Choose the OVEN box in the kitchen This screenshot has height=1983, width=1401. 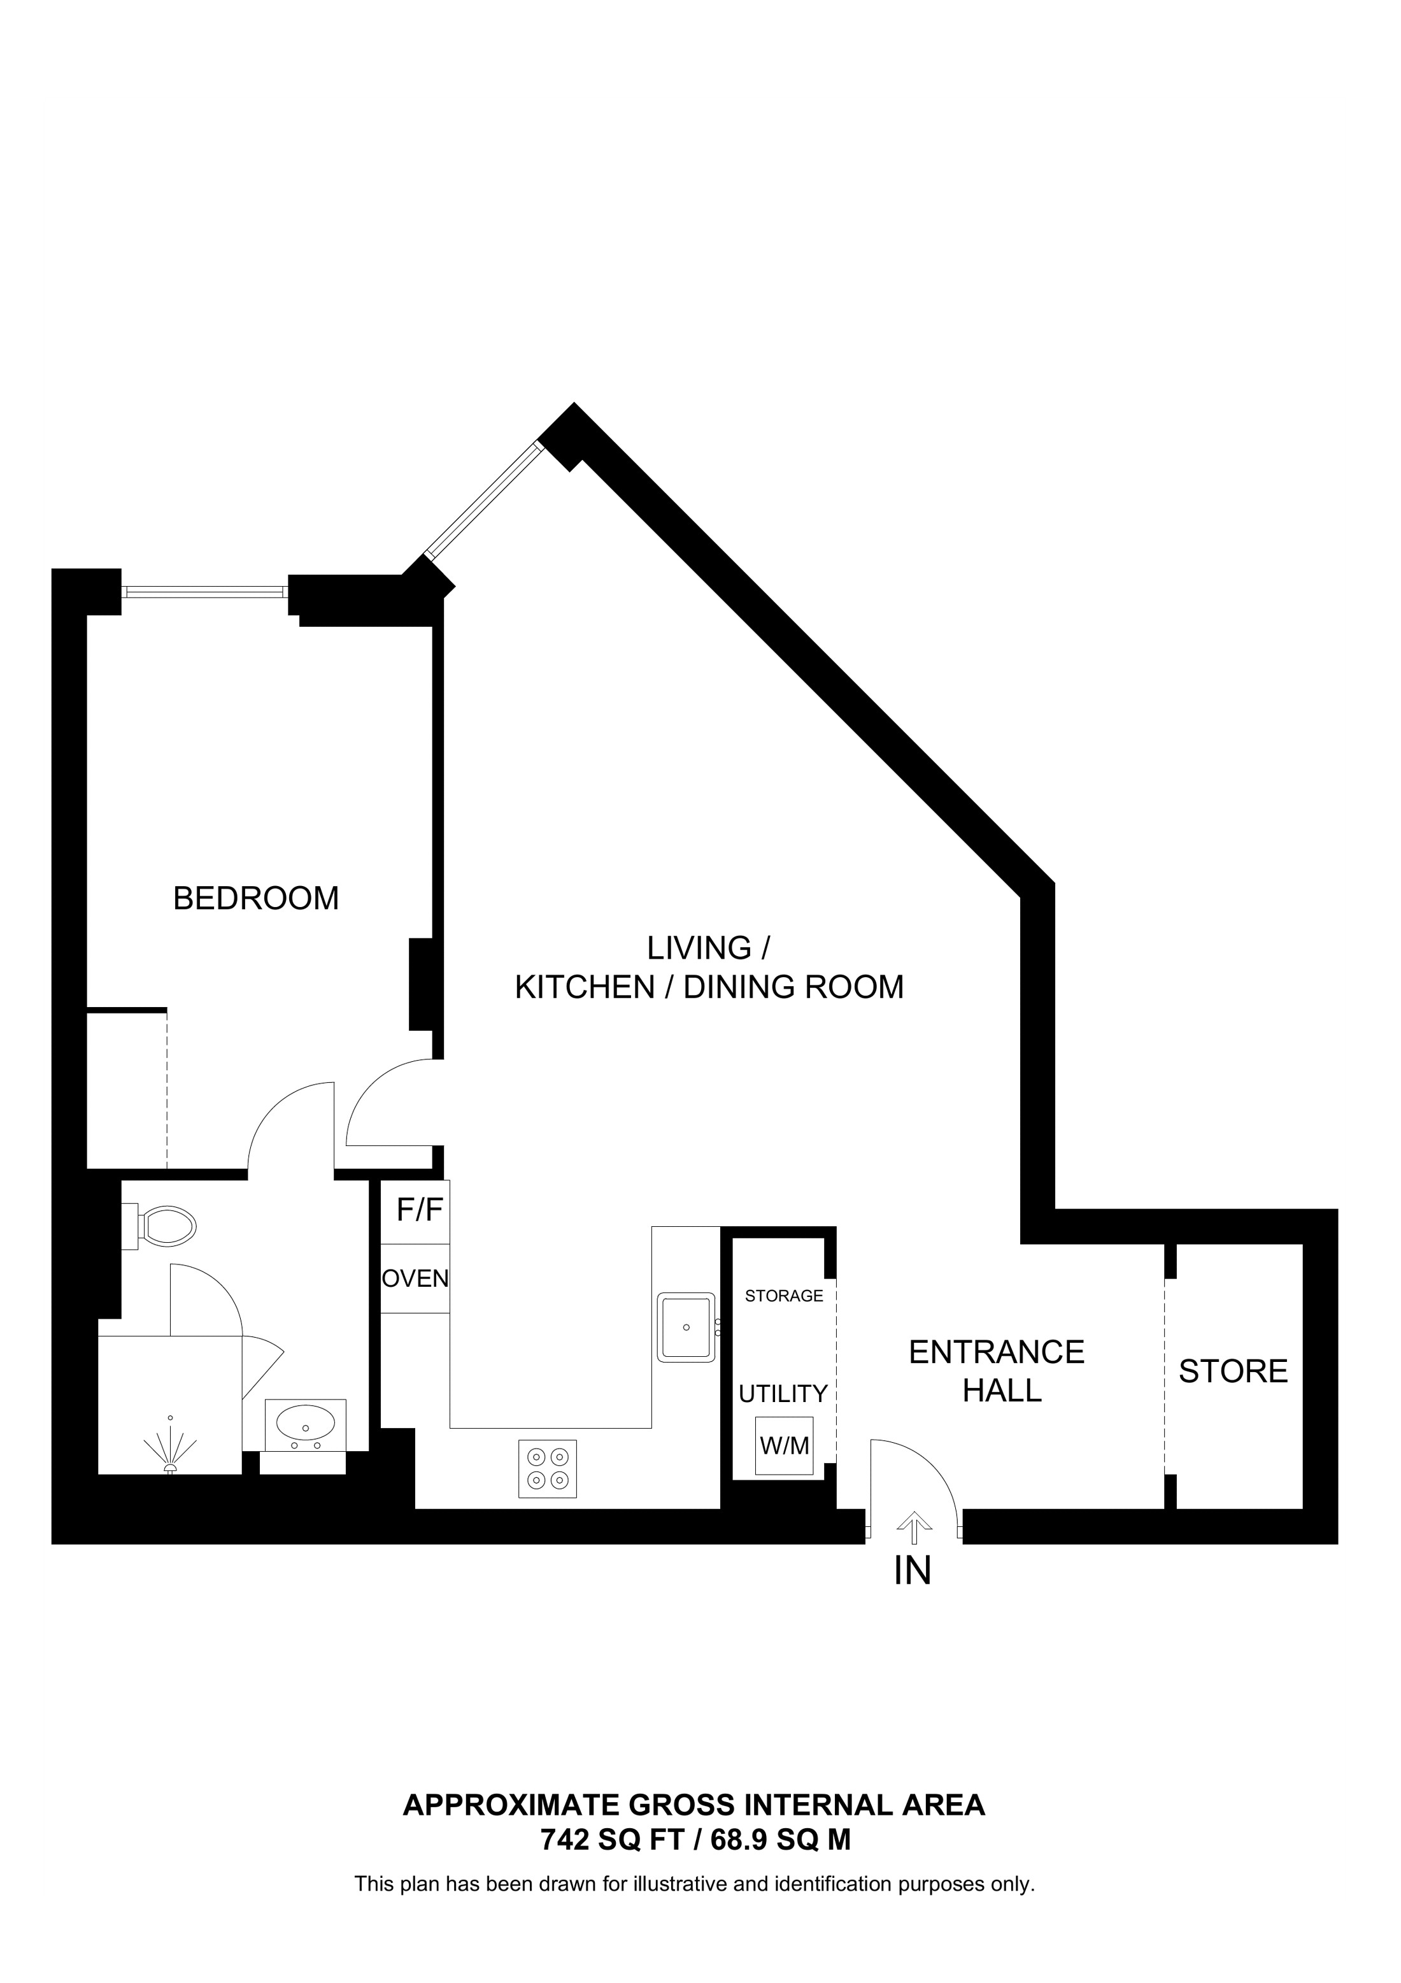click(x=415, y=1278)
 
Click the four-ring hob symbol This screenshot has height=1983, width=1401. click(x=547, y=1468)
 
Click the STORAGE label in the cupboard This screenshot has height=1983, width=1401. click(x=784, y=1296)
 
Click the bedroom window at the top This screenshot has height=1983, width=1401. click(x=204, y=592)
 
